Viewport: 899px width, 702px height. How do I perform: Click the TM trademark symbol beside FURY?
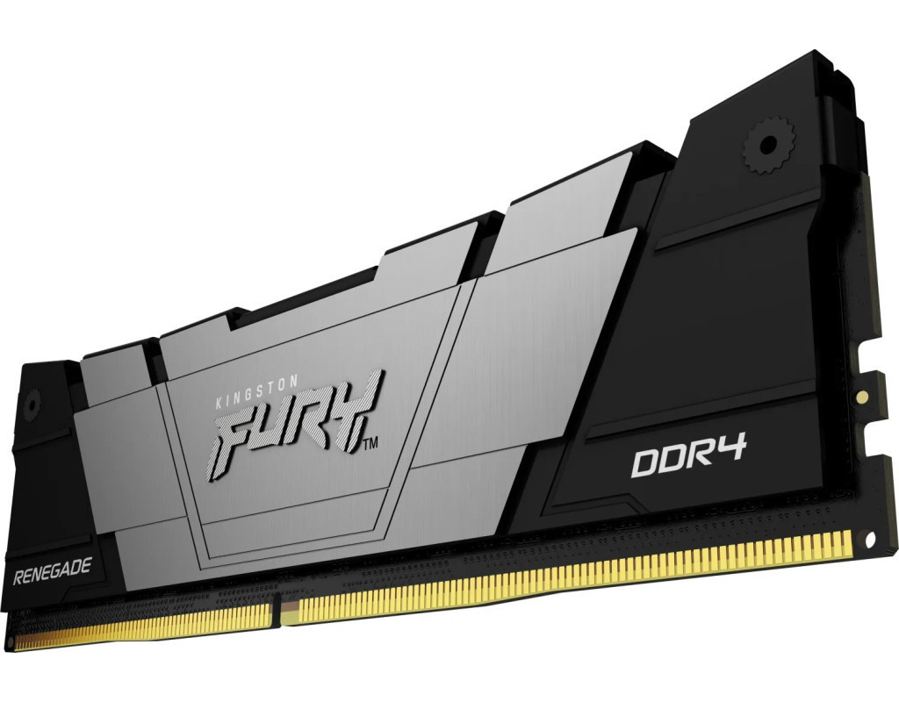point(371,442)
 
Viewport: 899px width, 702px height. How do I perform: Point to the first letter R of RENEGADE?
point(18,577)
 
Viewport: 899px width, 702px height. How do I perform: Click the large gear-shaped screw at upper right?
point(768,144)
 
